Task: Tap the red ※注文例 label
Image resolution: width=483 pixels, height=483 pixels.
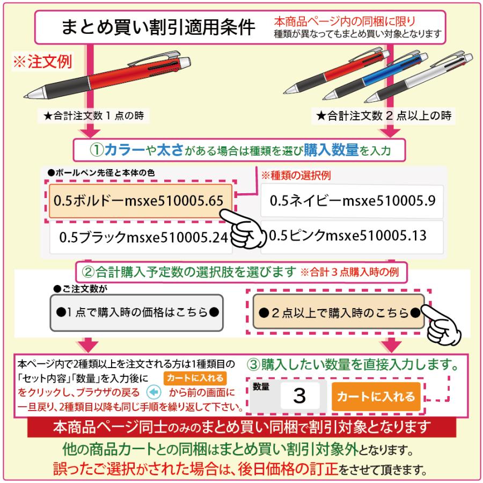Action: point(42,61)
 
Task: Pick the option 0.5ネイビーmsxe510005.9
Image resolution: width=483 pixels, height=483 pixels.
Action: point(352,201)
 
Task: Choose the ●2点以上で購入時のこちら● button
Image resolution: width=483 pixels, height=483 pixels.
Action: point(339,312)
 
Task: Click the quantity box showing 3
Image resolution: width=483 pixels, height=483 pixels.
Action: point(299,397)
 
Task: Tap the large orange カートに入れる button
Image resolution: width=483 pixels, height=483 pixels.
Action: point(375,397)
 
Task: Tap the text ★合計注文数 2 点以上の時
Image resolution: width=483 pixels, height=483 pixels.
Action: point(383,115)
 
